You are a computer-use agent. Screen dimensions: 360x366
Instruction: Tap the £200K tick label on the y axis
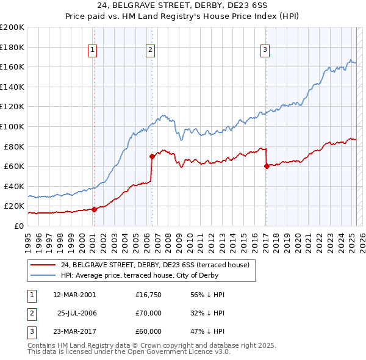12,27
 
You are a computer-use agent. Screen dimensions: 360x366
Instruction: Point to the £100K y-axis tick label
12,126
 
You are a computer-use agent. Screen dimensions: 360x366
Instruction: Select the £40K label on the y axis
14,186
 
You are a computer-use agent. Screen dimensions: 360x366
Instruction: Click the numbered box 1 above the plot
92,51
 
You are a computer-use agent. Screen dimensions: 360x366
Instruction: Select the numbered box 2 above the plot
150,51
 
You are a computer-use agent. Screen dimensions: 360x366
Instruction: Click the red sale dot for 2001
94,209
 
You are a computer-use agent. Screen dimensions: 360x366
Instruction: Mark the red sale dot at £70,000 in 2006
152,156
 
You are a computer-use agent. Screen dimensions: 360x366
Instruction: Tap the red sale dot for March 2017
267,166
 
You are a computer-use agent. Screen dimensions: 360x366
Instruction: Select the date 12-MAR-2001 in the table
74,295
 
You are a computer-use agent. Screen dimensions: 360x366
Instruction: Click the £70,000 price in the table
148,313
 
